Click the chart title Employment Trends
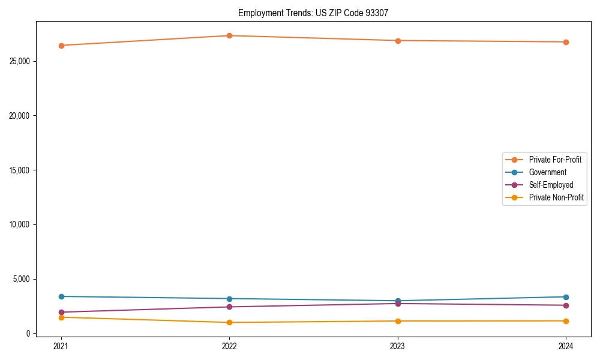coord(313,13)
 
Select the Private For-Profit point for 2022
coord(229,35)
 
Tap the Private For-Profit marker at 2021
coord(61,46)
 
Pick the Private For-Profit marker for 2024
coord(566,42)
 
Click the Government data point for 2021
coord(61,296)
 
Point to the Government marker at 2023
coord(398,301)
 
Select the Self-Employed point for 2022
coord(229,307)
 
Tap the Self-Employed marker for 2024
coord(566,305)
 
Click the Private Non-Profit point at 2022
coord(229,323)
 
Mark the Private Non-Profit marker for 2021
coord(61,317)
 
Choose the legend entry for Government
coord(547,172)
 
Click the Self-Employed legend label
coord(551,185)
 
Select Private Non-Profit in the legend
coord(556,197)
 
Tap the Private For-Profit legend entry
coord(555,160)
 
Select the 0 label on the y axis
coord(28,334)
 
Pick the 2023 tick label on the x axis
coord(398,346)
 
